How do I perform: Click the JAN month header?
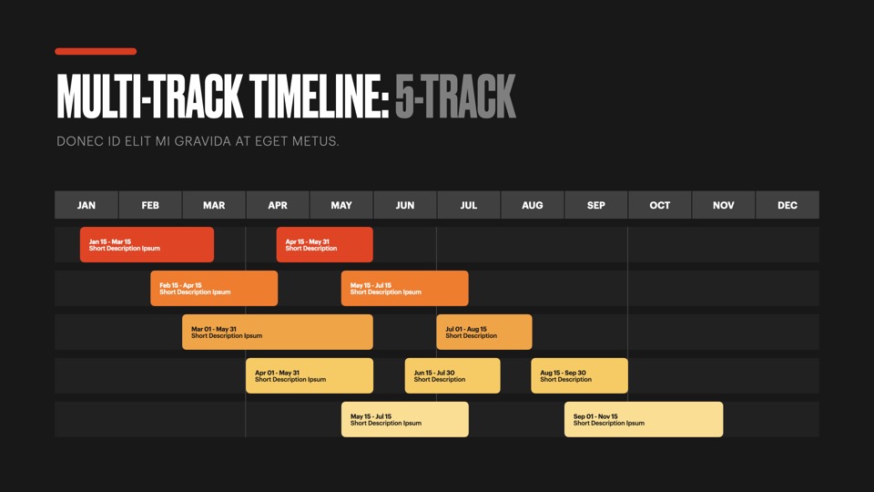86,205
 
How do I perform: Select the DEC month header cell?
787,205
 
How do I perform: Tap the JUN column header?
405,205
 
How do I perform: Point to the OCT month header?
660,205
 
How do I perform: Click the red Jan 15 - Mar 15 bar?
147,244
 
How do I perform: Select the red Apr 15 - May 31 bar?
324,244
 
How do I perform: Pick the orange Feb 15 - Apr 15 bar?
214,288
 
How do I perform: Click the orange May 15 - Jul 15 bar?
404,288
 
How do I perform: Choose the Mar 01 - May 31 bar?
278,332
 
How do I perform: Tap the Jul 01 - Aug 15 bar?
484,332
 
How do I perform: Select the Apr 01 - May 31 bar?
310,375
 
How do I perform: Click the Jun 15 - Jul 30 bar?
452,375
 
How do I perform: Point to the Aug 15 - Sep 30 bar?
580,375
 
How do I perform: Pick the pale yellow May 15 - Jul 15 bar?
404,419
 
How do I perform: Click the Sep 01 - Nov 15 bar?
644,419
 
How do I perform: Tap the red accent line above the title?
96,51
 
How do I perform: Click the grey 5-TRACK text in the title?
455,96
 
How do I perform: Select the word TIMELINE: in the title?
319,96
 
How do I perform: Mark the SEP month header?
595,205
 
